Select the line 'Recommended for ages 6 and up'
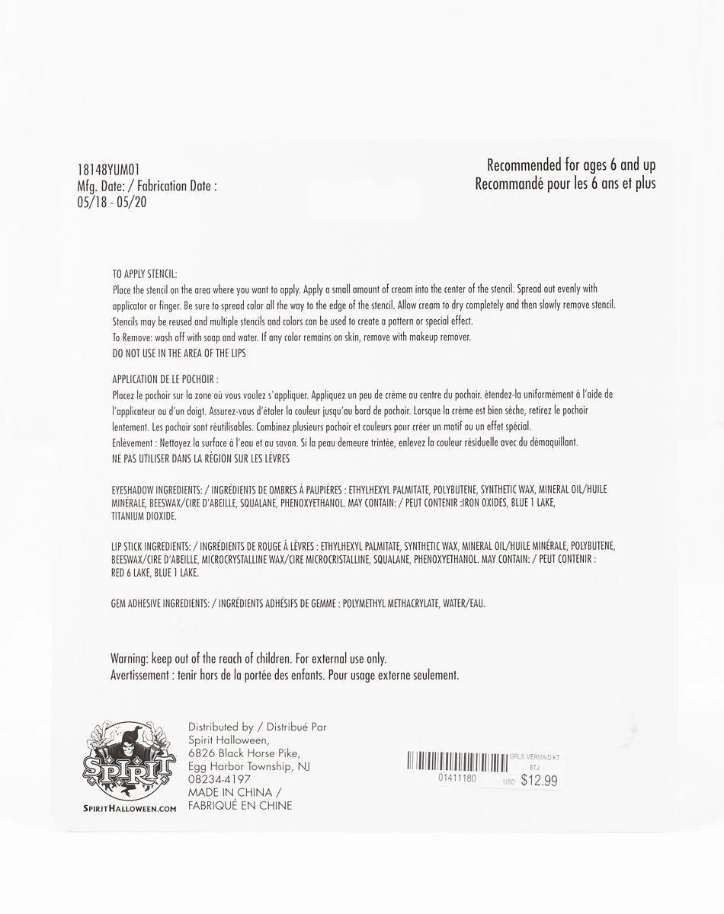pyautogui.click(x=571, y=165)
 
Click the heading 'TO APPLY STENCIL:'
pyautogui.click(x=144, y=275)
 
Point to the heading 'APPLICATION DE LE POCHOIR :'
pyautogui.click(x=165, y=379)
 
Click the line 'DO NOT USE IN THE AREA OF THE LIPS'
pyautogui.click(x=178, y=353)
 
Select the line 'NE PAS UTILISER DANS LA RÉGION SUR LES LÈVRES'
pyautogui.click(x=200, y=459)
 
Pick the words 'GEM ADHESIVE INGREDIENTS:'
pyautogui.click(x=160, y=603)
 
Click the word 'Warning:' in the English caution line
pyautogui.click(x=133, y=658)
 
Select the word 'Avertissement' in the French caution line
pyautogui.click(x=139, y=675)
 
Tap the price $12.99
pyautogui.click(x=539, y=780)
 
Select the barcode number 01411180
pyautogui.click(x=457, y=778)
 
